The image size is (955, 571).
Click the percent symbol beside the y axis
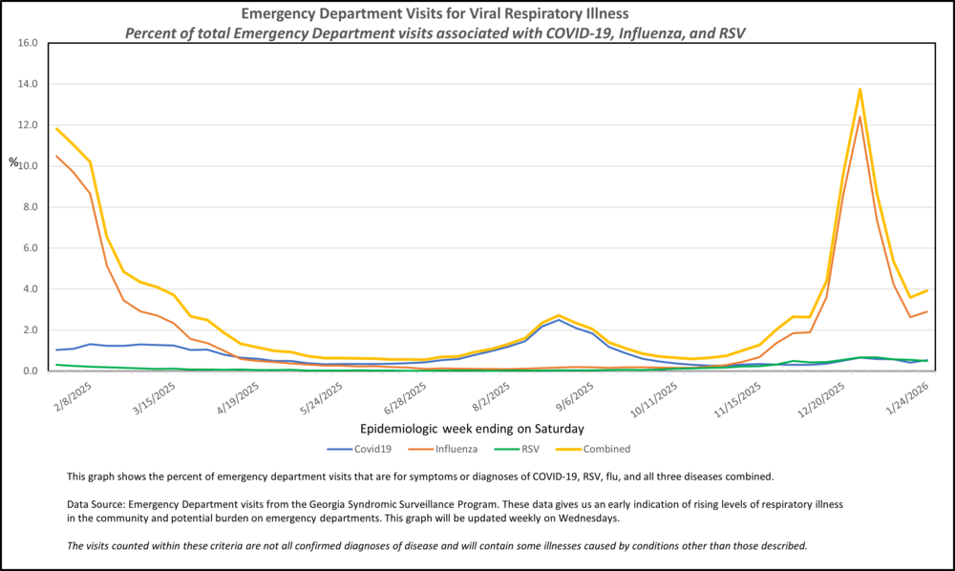coord(13,162)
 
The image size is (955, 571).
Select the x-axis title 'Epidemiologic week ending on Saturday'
coord(473,429)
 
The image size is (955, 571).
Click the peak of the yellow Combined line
coord(860,89)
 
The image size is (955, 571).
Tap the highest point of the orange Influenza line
coord(860,116)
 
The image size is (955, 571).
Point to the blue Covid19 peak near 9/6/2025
coord(560,319)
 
